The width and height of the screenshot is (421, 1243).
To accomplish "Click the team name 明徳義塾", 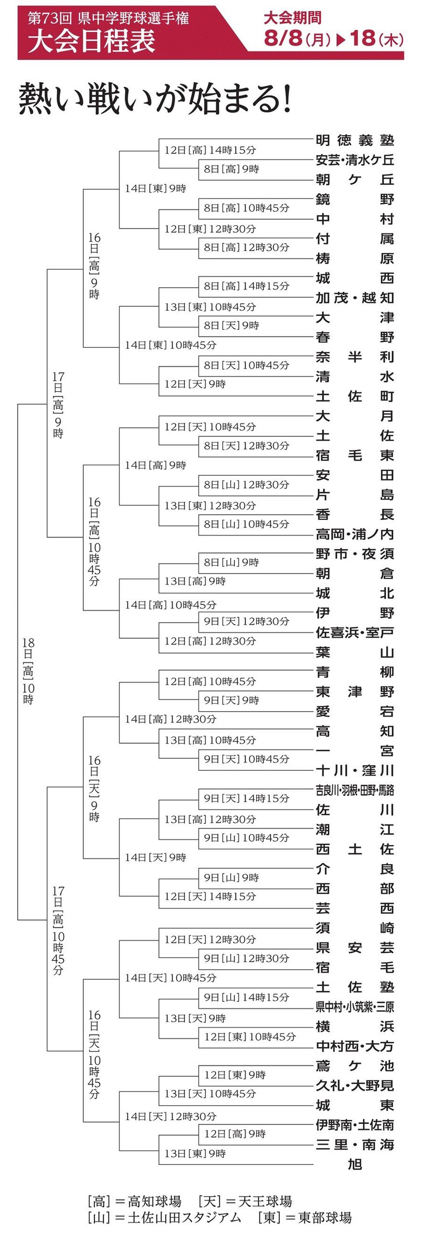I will click(355, 140).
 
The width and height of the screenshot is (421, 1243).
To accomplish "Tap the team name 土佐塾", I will click(355, 987).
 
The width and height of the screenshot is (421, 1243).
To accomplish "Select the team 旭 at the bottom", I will click(355, 1164).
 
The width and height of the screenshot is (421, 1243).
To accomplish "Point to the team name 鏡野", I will click(355, 199).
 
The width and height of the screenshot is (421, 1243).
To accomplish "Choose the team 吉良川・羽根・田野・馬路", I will click(355, 790).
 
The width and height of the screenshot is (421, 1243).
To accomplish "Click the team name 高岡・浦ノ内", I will click(355, 534).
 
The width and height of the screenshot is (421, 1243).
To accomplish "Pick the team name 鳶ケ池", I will click(355, 1065).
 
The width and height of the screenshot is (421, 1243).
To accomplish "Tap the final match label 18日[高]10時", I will click(28, 670).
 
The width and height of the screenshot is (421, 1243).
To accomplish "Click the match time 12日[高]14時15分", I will click(210, 150).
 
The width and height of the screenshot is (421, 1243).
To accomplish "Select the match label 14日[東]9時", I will click(155, 189).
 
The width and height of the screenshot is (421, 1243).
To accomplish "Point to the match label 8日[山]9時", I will click(231, 562).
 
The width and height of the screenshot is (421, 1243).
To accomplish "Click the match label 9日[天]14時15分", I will click(246, 798).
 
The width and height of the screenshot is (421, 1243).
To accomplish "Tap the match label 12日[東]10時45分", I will click(250, 1036).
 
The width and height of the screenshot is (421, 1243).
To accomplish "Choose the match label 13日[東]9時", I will click(195, 1153).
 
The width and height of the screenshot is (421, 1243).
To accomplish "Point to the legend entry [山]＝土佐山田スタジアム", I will click(164, 1217).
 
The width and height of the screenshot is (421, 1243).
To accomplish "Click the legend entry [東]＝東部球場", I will click(305, 1217).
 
